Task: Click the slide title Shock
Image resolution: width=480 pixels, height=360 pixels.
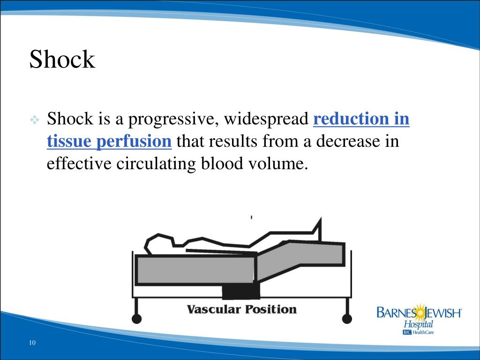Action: pyautogui.click(x=62, y=60)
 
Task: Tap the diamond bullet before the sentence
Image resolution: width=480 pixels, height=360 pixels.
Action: pyautogui.click(x=35, y=120)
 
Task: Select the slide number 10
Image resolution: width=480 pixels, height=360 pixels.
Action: pyautogui.click(x=32, y=343)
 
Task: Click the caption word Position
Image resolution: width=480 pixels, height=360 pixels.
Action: pyautogui.click(x=270, y=309)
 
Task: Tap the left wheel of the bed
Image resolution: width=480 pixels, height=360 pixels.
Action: pyautogui.click(x=136, y=319)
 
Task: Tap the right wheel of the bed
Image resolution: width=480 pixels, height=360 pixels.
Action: pyautogui.click(x=347, y=319)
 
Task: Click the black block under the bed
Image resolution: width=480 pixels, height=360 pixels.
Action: pyautogui.click(x=240, y=292)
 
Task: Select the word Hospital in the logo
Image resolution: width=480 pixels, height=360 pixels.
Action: pyautogui.click(x=419, y=324)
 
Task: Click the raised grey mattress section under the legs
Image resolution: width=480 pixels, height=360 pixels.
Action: pyautogui.click(x=300, y=260)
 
